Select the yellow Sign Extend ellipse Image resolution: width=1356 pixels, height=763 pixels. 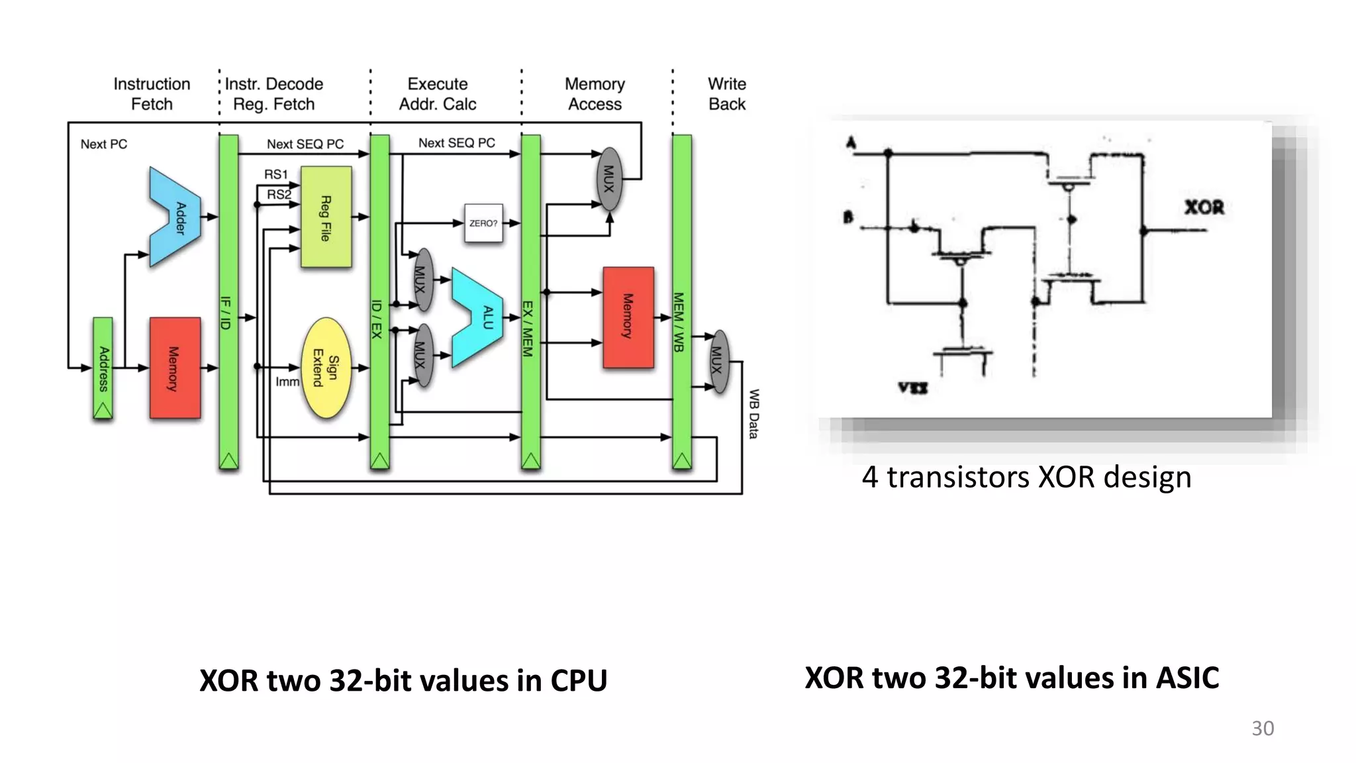[326, 368]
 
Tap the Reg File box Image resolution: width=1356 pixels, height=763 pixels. [326, 217]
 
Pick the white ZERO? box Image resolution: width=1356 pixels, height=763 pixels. [483, 223]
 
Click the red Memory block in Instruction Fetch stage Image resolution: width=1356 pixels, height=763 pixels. [175, 368]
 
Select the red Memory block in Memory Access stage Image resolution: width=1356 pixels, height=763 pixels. [628, 317]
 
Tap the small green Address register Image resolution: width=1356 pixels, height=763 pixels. [103, 368]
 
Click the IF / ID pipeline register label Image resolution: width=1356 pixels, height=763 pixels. [226, 313]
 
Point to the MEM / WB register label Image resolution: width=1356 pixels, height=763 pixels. [679, 322]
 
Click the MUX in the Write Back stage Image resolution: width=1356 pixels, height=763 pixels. [718, 361]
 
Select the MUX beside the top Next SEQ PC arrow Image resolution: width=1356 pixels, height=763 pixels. [609, 179]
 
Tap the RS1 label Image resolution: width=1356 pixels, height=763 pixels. [276, 174]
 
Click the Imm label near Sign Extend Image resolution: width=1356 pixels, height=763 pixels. [287, 382]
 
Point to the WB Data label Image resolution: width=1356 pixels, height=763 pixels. [753, 414]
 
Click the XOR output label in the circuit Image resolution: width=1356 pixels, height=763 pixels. [1204, 207]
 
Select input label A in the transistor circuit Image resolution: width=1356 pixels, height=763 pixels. [851, 143]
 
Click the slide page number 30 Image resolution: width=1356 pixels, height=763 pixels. [1262, 728]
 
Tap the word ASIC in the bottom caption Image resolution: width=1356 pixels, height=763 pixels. [1187, 678]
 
